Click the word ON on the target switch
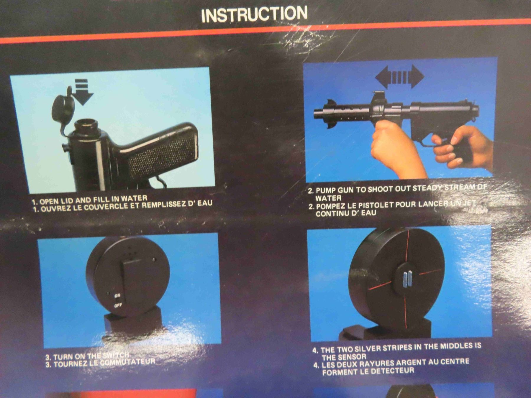(x=118, y=295)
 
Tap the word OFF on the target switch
(x=118, y=305)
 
